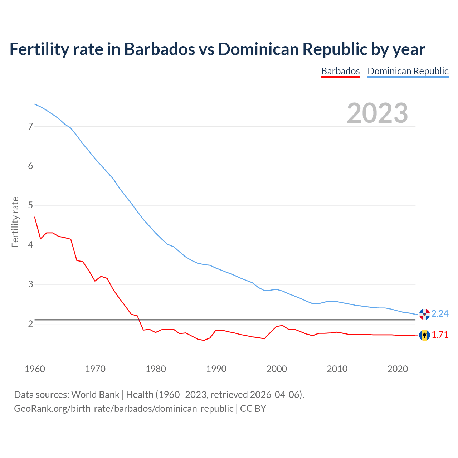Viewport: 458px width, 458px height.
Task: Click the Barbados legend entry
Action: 340,71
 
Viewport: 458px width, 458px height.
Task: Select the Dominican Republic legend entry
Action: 408,71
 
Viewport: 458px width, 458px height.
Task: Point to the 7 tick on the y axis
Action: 30,126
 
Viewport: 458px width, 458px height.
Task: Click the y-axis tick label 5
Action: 30,205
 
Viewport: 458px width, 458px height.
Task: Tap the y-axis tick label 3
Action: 30,284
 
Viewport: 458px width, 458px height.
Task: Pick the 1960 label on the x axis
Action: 35,369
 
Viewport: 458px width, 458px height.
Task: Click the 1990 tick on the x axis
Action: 216,369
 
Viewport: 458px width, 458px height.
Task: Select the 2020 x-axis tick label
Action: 398,369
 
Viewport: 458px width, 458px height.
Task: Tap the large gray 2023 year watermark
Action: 377,113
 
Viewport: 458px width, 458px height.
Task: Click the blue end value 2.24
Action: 440,314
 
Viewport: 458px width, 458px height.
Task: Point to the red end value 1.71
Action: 440,335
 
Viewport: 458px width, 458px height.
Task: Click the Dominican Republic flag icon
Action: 424,314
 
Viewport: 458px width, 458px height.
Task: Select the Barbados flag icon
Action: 424,335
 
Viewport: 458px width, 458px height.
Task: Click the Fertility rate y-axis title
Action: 15,222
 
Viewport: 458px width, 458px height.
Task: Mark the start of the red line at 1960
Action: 35,217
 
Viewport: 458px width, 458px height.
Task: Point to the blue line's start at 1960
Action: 35,104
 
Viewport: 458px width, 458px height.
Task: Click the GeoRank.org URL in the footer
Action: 123,409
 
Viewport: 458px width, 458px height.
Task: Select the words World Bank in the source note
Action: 95,395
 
